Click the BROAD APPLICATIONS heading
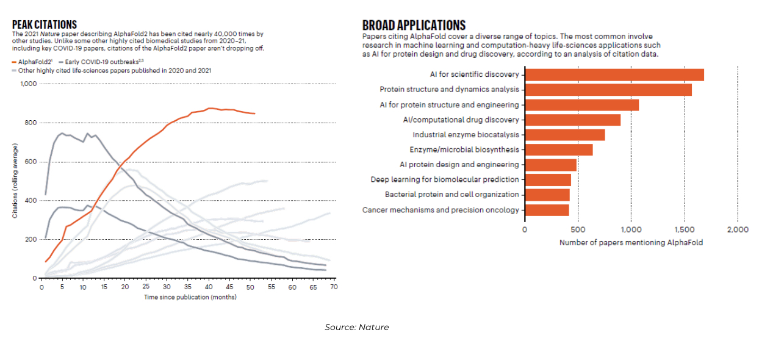414,25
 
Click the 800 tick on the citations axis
31,123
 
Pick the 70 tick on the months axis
334,287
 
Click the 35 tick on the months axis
187,287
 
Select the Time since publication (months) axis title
190,297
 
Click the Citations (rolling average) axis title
15,181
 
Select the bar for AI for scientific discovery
614,74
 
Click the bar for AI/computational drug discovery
573,120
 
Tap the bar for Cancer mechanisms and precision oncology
547,210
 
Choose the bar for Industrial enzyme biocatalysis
565,135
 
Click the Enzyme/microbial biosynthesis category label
464,149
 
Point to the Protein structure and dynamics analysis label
449,90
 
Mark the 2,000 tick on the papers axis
738,229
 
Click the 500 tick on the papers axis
578,229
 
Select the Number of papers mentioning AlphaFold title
631,243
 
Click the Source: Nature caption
357,328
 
